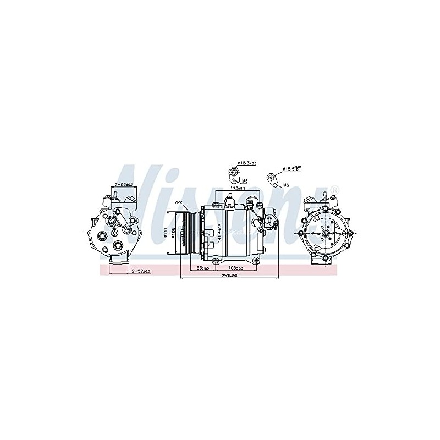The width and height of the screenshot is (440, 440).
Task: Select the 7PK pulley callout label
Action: pyautogui.click(x=178, y=203)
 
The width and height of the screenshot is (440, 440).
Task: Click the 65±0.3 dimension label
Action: pyautogui.click(x=202, y=268)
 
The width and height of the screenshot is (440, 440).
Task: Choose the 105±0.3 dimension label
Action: pyautogui.click(x=239, y=268)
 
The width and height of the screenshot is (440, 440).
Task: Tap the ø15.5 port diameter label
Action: pyautogui.click(x=291, y=168)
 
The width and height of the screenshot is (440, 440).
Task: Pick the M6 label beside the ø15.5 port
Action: pyautogui.click(x=287, y=185)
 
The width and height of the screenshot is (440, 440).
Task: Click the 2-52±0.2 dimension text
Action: pyautogui.click(x=141, y=271)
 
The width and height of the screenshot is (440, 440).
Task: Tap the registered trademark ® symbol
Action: pyautogui.click(x=336, y=190)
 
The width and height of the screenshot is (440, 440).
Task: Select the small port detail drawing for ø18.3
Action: pyautogui.click(x=233, y=173)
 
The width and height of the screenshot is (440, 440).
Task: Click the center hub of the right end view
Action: pyautogui.click(x=326, y=233)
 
